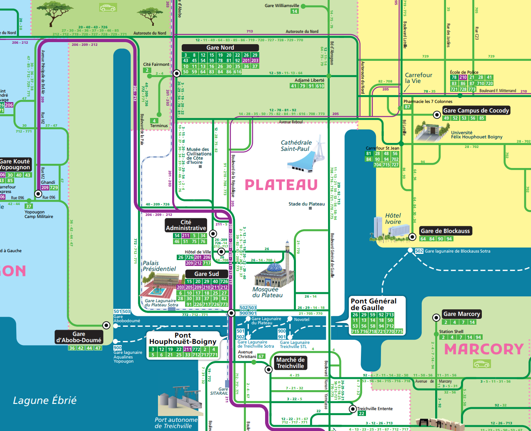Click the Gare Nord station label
click(220, 48)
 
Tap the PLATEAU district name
click(281, 185)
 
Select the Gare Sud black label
click(206, 274)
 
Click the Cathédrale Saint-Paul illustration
click(306, 156)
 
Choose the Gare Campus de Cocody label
click(476, 110)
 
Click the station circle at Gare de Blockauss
click(412, 237)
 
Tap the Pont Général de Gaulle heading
click(373, 304)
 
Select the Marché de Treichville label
click(291, 363)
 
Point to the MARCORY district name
click(483, 349)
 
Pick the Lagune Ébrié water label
click(45, 401)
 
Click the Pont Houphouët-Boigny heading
click(183, 338)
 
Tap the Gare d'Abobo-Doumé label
click(79, 337)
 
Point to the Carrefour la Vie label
click(418, 78)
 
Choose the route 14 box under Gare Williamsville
click(295, 11)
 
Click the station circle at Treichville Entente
click(353, 409)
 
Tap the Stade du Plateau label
click(306, 204)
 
